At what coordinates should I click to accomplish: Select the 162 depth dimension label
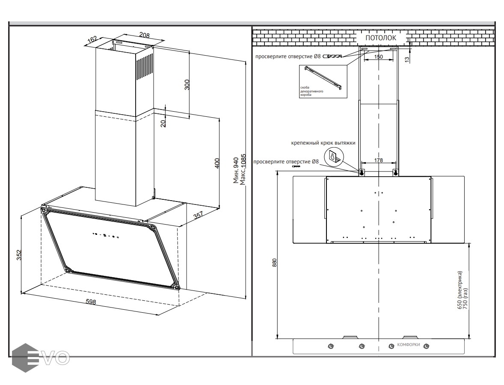[x=92, y=40]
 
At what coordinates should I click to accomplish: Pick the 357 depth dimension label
[x=199, y=215]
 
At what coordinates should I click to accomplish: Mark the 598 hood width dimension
[x=90, y=302]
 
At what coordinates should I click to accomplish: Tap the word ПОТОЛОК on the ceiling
[x=380, y=38]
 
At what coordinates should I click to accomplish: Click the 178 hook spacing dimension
[x=378, y=160]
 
